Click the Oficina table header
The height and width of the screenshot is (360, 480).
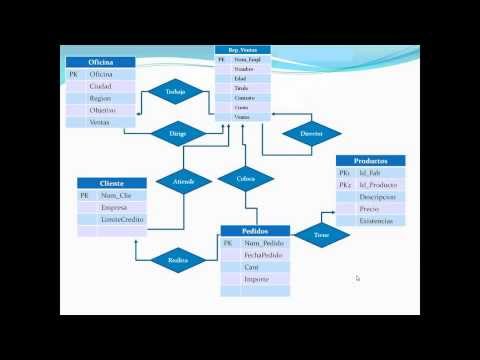[x=99, y=62]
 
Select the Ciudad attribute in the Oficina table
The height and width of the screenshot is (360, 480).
[x=100, y=86]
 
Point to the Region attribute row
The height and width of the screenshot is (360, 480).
[x=100, y=98]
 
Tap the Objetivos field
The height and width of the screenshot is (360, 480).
[x=102, y=110]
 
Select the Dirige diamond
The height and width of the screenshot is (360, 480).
[x=177, y=132]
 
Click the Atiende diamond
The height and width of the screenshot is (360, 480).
[x=183, y=181]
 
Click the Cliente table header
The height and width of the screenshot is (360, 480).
[x=111, y=183]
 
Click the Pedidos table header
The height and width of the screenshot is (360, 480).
[x=254, y=231]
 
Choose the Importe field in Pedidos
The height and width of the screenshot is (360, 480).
[x=257, y=279]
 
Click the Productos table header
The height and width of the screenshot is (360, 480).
[x=370, y=161]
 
